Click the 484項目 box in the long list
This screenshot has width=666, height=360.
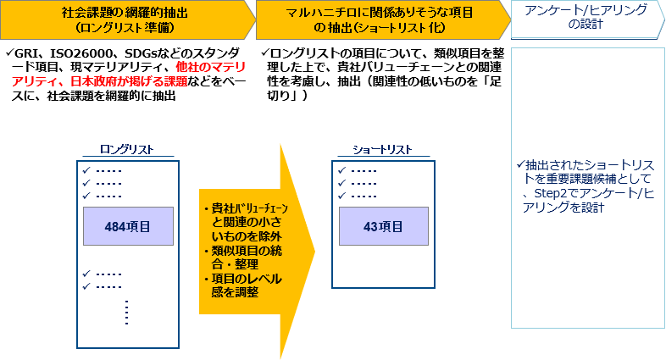click(x=128, y=226)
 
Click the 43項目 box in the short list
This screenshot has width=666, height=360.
click(x=384, y=226)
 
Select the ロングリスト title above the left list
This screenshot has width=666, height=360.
click(x=127, y=149)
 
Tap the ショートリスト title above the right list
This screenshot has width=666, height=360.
click(x=382, y=149)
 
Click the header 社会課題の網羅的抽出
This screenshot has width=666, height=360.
click(x=125, y=13)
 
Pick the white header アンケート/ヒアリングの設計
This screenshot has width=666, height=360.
click(x=586, y=17)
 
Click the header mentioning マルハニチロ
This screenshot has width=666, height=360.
click(x=380, y=13)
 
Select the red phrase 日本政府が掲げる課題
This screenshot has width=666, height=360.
click(x=129, y=81)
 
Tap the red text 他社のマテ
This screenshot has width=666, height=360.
click(x=211, y=67)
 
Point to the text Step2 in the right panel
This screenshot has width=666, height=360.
click(x=549, y=194)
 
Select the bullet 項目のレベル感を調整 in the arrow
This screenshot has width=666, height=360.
click(x=243, y=285)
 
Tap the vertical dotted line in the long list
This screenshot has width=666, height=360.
click(x=126, y=313)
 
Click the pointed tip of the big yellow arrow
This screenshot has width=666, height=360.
click(x=314, y=252)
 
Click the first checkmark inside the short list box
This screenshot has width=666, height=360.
click(x=342, y=170)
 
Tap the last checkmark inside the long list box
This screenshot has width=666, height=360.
click(x=86, y=286)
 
